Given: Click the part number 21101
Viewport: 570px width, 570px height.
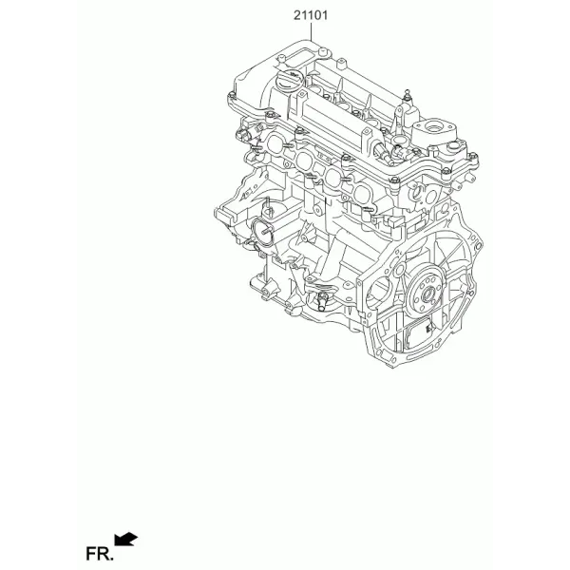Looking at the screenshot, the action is coord(311,15).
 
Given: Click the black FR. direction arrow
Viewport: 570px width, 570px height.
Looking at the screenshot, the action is coord(125,539).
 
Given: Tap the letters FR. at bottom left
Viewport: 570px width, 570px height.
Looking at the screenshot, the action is coord(99,554).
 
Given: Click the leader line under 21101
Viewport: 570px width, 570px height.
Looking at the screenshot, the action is coord(312,32).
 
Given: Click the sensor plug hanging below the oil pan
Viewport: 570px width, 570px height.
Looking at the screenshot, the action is coord(322,301).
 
